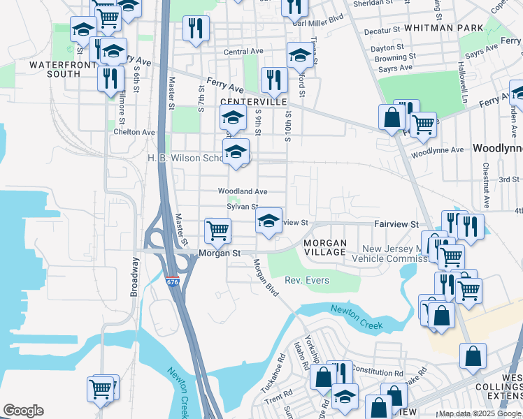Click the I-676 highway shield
(x=173, y=281)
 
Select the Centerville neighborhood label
(x=254, y=102)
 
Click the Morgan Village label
(x=324, y=247)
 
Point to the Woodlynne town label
(x=497, y=149)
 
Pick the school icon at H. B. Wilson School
(x=236, y=151)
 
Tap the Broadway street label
(x=135, y=277)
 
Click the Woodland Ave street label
(x=243, y=191)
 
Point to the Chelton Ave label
(x=134, y=132)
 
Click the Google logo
(x=23, y=410)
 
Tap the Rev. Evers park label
(x=306, y=281)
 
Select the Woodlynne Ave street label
(x=438, y=150)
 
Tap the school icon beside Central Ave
(x=300, y=54)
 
